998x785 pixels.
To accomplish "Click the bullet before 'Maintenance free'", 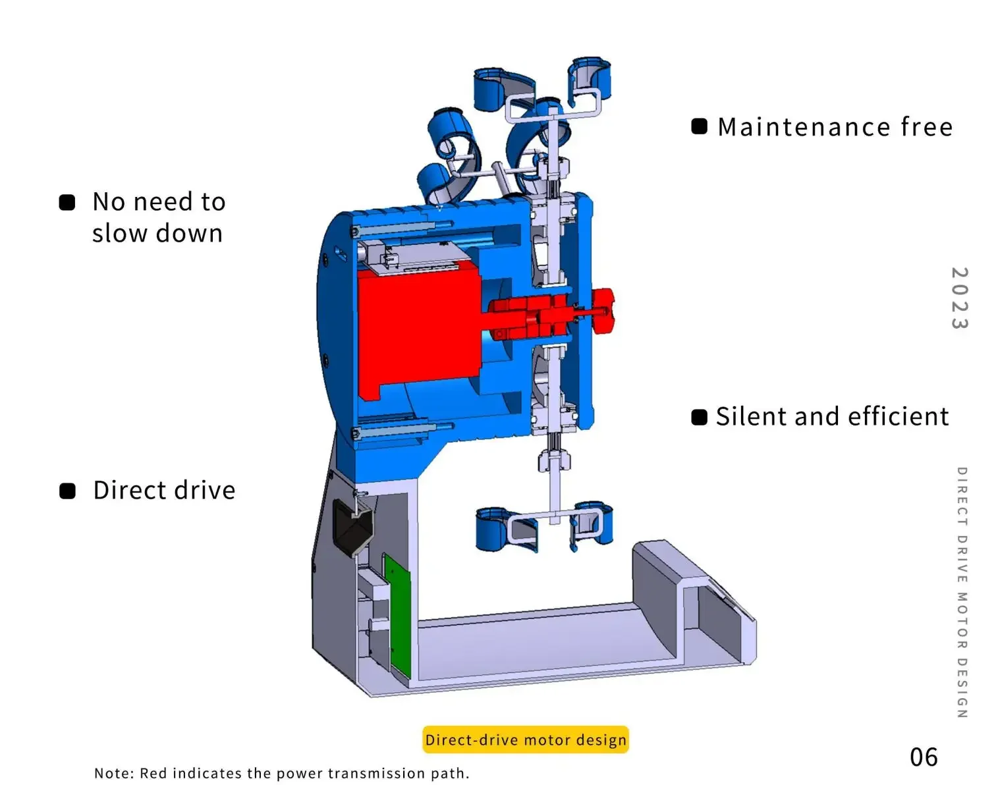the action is (x=699, y=126).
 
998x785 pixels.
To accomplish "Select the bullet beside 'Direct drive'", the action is (x=67, y=491).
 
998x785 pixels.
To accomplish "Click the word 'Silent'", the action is (x=751, y=417).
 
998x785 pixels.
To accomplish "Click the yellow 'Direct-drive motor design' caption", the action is (x=526, y=740).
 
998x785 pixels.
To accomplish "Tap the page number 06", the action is (x=924, y=757).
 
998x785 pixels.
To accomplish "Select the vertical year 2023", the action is (x=959, y=298).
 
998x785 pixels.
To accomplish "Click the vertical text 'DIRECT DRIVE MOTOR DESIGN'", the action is (x=962, y=592).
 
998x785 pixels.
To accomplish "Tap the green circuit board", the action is (x=397, y=616).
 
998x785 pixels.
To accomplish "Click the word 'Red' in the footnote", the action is (x=153, y=773).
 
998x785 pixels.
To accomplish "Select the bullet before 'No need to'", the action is (x=67, y=202).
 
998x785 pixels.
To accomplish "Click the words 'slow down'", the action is (x=157, y=234).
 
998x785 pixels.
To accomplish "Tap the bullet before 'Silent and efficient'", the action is (x=699, y=417).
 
